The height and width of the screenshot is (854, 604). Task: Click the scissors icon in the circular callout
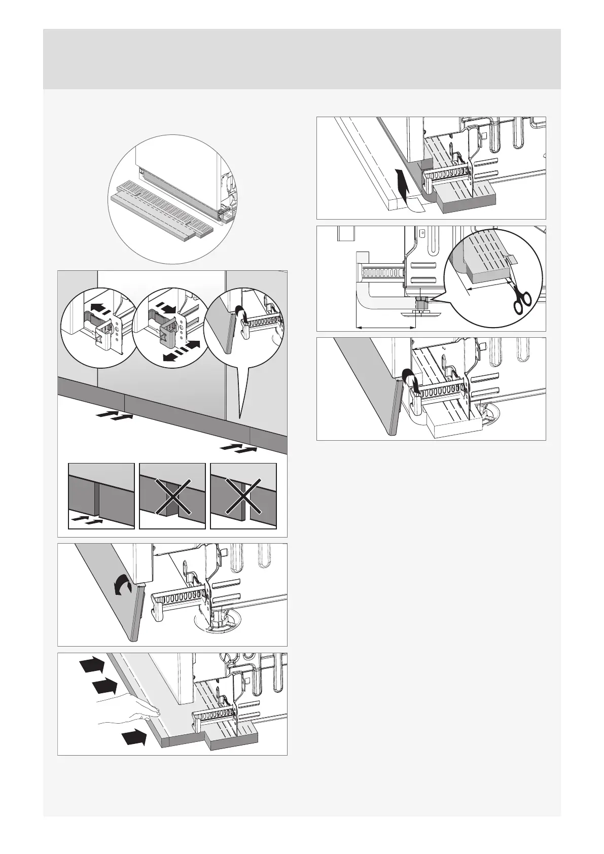click(521, 299)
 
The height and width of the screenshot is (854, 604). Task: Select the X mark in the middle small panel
click(172, 496)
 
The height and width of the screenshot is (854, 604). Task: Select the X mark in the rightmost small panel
click(243, 496)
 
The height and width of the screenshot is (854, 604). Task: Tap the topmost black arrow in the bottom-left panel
click(91, 666)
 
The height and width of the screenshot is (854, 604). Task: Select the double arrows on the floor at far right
click(239, 448)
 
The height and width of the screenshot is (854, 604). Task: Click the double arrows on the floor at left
click(116, 417)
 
